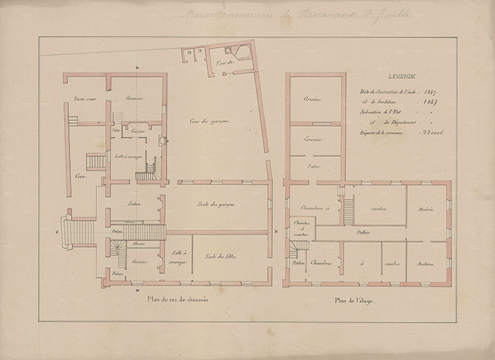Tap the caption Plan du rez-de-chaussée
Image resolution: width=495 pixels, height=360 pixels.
coord(177,300)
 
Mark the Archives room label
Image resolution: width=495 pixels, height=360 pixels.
coord(425,264)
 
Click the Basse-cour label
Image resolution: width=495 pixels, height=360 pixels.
coord(84,98)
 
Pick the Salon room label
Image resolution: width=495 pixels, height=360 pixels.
coord(134,205)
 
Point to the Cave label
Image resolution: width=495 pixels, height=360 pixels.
coord(80,175)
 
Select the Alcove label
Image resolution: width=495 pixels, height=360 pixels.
coord(139,243)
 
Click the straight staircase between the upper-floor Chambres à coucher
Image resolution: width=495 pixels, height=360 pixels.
coord(348,210)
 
